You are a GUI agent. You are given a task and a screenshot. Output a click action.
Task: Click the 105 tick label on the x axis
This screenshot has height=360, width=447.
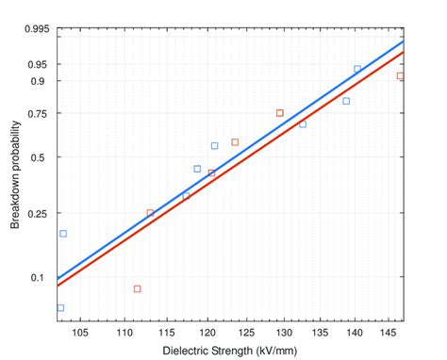[80, 332]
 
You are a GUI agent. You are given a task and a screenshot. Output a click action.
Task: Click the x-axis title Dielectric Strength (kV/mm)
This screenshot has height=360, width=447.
[230, 351]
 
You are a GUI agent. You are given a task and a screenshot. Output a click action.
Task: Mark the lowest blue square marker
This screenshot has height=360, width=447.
[61, 308]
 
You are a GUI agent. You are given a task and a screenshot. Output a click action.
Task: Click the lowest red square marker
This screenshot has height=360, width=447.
[137, 289]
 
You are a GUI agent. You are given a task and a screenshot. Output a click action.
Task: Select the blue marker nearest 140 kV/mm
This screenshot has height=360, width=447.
[357, 69]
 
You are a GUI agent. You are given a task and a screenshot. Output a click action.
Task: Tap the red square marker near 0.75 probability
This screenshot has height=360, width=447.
[280, 113]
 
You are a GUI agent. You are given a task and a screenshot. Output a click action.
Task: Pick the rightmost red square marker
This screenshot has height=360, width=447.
[401, 75]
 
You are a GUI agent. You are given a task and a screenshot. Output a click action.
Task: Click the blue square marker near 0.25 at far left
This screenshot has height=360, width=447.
[63, 234]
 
